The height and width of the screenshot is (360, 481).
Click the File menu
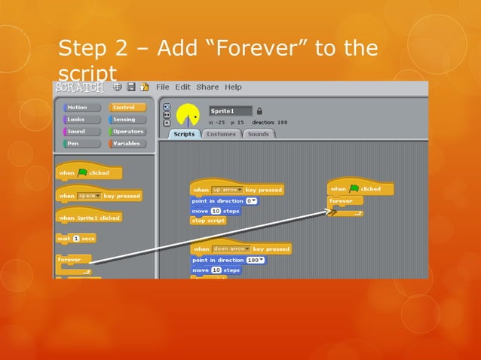[164, 87]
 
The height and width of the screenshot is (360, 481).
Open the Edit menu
[183, 87]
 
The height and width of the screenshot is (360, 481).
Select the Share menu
[207, 87]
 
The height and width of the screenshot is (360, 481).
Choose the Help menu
[233, 87]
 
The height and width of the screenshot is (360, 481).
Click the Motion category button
[77, 108]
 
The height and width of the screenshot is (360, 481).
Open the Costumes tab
[221, 134]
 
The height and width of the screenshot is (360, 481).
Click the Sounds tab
[258, 134]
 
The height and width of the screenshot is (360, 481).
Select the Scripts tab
[183, 134]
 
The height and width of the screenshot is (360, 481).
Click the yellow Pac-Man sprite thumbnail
[188, 115]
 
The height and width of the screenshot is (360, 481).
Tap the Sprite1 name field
[230, 111]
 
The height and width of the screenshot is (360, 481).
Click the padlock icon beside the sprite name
[260, 111]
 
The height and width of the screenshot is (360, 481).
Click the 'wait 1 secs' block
[76, 239]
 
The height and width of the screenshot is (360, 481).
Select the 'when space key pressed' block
[99, 196]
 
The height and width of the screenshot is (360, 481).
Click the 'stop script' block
[209, 221]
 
